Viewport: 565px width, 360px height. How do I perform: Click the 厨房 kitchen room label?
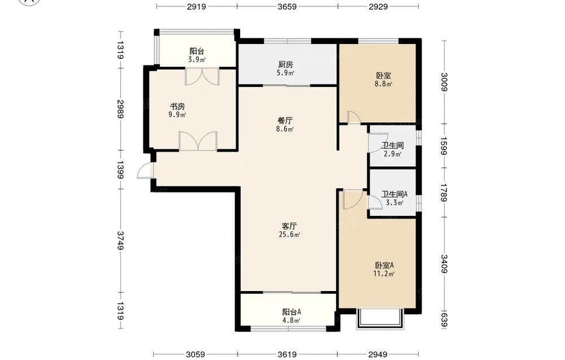(x=285, y=64)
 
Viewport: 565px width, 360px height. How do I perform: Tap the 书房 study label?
(x=177, y=107)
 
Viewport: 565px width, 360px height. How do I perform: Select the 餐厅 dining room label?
(x=285, y=121)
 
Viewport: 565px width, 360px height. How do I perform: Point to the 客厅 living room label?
(x=289, y=226)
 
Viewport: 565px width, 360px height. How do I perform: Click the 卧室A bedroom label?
(x=384, y=265)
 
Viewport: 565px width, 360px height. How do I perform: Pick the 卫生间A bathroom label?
(x=394, y=194)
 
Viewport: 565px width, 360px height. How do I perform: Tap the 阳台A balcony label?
(x=292, y=312)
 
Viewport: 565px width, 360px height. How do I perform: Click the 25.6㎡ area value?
(x=289, y=235)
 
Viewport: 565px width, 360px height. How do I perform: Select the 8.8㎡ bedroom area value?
(x=384, y=84)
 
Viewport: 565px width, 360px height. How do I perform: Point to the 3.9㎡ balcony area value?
(x=197, y=60)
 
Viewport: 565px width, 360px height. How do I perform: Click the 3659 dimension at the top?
(x=287, y=6)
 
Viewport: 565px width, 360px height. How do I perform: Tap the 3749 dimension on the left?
(x=120, y=241)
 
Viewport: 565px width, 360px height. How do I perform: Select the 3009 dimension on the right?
(x=444, y=83)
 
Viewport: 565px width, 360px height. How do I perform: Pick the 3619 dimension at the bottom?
(x=287, y=355)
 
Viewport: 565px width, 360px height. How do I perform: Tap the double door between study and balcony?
(x=202, y=76)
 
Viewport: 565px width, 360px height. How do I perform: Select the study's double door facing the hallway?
(x=198, y=141)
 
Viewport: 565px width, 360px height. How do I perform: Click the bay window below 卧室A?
(x=379, y=319)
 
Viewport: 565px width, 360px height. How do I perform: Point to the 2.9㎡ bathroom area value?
(x=393, y=154)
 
